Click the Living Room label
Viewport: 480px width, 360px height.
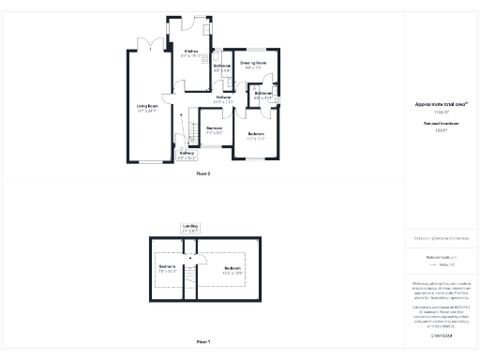point(146,107)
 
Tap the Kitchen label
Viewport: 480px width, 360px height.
point(191,52)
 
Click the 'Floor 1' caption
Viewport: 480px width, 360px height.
point(203,341)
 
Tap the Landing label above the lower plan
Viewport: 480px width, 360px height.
point(190,227)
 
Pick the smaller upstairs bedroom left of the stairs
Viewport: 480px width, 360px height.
point(168,269)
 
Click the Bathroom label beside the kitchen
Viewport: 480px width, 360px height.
point(222,67)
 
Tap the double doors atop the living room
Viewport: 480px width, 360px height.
point(147,45)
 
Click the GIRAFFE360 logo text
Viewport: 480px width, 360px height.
point(441,335)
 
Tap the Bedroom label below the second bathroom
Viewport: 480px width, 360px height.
point(257,135)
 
